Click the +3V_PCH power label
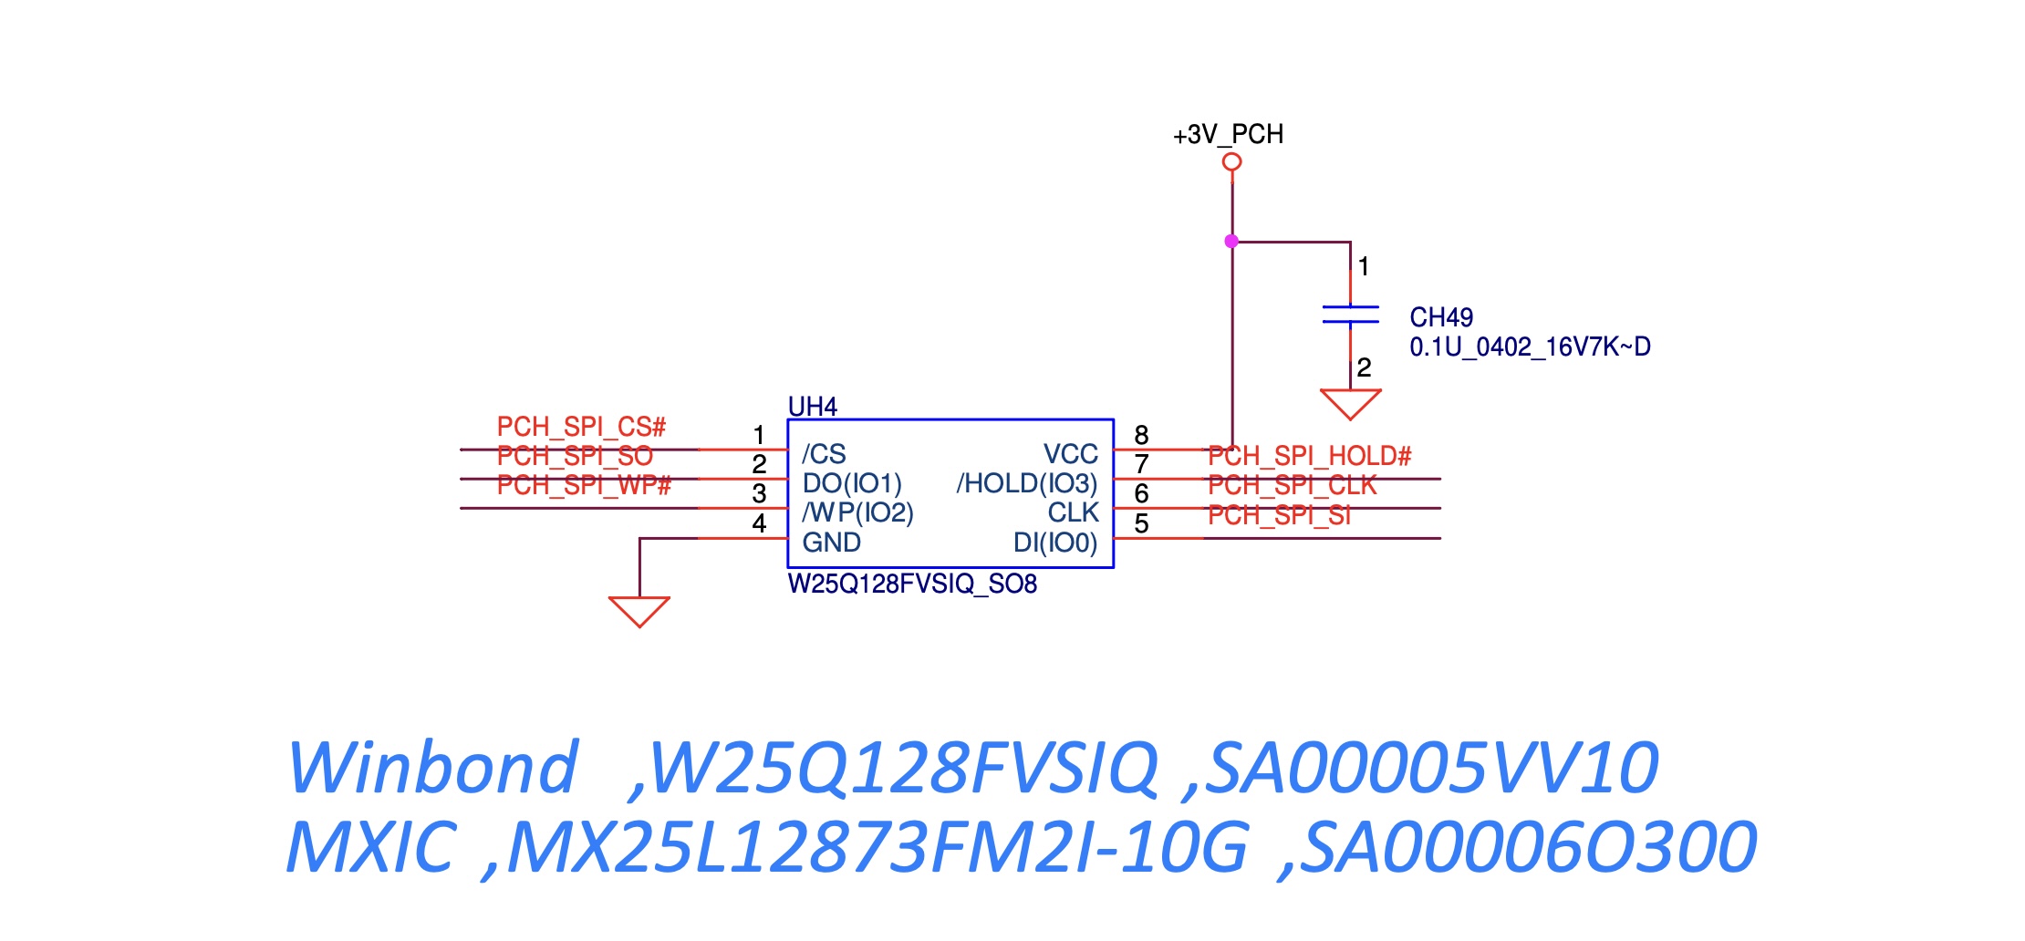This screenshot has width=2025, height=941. (x=1228, y=135)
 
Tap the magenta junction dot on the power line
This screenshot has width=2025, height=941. (x=1231, y=242)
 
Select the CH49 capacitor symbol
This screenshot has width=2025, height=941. (x=1350, y=315)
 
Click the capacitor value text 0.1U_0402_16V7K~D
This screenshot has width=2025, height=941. (x=1530, y=347)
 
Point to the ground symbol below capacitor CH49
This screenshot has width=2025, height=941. (x=1350, y=403)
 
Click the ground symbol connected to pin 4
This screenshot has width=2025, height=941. (x=639, y=611)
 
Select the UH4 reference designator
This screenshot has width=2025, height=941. (x=812, y=407)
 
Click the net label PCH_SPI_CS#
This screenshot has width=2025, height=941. (x=581, y=427)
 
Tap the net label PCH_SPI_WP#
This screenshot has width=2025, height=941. (x=584, y=485)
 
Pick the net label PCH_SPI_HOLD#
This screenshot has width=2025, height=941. (x=1309, y=456)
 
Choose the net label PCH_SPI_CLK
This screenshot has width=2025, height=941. (x=1292, y=485)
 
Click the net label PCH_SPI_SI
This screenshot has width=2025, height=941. (x=1279, y=516)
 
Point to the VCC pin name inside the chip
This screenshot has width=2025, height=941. (x=1070, y=454)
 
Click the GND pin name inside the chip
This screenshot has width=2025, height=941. (x=831, y=543)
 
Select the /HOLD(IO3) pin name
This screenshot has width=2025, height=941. (x=1026, y=483)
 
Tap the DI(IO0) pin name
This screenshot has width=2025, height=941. (x=1054, y=543)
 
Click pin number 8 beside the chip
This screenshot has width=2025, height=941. (x=1141, y=435)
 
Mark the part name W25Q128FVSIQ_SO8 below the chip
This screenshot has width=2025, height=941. (x=912, y=584)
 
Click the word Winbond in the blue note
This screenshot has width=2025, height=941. (x=432, y=768)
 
